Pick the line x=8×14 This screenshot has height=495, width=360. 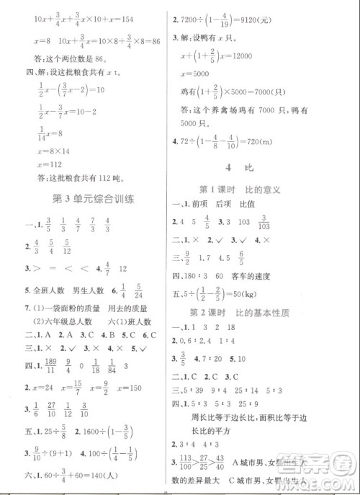[45, 148]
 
